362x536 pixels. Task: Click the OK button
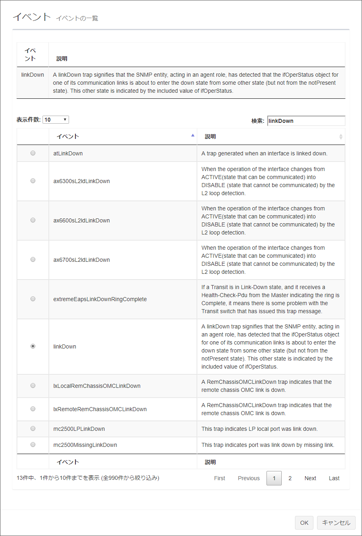coord(304,522)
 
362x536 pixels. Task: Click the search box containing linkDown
coord(306,121)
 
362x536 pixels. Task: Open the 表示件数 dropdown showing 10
coord(56,120)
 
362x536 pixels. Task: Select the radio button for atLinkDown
coord(33,153)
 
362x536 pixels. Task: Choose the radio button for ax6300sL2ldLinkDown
coord(33,181)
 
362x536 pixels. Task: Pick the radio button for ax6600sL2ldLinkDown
coord(33,220)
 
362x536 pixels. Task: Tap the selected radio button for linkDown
coord(33,346)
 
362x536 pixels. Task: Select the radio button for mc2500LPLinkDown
coord(33,428)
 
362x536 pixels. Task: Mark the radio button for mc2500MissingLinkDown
coord(33,444)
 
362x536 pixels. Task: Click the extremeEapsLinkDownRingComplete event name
coord(100,299)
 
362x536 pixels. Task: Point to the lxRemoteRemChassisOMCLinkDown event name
coord(100,409)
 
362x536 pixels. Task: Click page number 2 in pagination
coord(290,478)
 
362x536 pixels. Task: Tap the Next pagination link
coord(310,478)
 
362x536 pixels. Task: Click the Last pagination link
coord(334,478)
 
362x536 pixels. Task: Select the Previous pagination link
coord(249,478)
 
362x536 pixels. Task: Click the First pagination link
coord(220,478)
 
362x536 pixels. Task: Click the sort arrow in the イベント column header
coord(193,136)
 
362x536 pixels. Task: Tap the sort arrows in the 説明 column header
coord(341,137)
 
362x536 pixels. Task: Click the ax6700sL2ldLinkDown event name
coord(81,260)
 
